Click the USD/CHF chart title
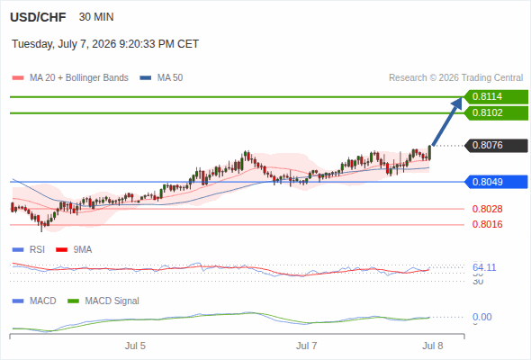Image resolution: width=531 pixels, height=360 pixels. tap(38, 17)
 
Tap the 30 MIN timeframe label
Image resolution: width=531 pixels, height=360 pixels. tap(96, 17)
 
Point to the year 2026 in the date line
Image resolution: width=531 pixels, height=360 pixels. tap(104, 44)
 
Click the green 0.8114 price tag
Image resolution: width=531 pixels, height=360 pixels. tap(496, 97)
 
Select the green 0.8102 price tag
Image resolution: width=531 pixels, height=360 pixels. tap(496, 113)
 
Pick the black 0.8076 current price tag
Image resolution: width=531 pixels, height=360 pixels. tap(496, 146)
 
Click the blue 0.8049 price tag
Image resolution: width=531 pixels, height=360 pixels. tap(496, 182)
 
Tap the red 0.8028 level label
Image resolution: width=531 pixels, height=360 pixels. tap(487, 209)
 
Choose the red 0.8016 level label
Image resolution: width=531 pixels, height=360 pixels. tap(487, 224)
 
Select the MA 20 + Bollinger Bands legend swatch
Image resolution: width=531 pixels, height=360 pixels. tap(18, 78)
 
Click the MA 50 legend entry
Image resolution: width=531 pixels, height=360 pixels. tap(161, 78)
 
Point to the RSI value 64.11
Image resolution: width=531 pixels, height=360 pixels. tap(484, 267)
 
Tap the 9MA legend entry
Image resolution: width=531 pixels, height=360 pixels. tap(74, 250)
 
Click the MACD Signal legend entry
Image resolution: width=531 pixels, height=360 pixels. tap(103, 301)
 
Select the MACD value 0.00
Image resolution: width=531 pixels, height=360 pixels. tap(481, 318)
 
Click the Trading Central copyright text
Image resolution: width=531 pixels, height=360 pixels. tap(455, 78)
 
